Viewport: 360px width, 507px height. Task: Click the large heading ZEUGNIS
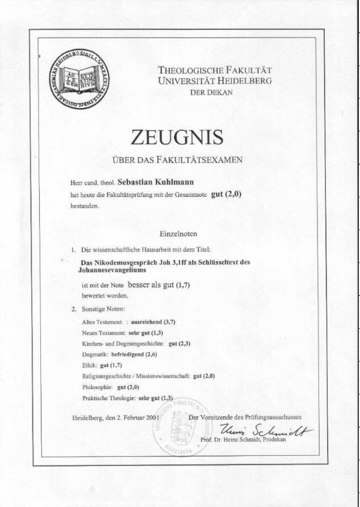point(177,137)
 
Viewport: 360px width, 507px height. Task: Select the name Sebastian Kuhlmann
point(156,182)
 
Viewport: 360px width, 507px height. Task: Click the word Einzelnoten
point(179,233)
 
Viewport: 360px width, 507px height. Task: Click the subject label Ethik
point(88,365)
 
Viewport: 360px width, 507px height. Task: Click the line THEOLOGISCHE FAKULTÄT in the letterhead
point(214,71)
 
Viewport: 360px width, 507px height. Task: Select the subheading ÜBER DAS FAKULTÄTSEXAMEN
point(177,160)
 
